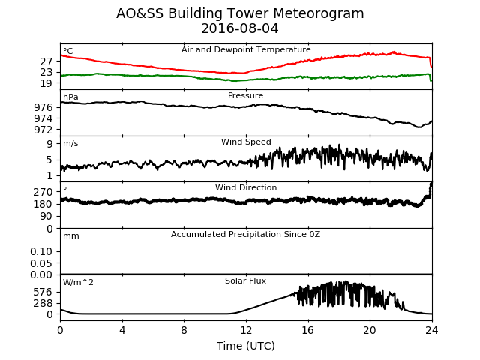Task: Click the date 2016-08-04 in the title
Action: click(x=240, y=28)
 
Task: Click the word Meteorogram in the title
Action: click(x=318, y=13)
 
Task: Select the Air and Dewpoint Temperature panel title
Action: click(x=246, y=50)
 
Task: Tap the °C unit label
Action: click(x=68, y=51)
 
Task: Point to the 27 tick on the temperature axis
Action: click(x=46, y=61)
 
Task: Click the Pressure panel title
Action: click(x=245, y=95)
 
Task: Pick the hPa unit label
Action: click(x=70, y=97)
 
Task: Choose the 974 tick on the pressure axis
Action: click(x=43, y=118)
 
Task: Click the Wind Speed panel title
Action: click(x=246, y=142)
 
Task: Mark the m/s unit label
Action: click(x=70, y=143)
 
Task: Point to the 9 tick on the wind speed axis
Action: click(x=49, y=144)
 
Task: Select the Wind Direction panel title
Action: click(x=246, y=187)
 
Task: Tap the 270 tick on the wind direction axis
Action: click(x=43, y=192)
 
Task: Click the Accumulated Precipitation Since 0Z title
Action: click(x=245, y=234)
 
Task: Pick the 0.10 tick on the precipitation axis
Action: click(x=41, y=252)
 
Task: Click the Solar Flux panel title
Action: click(x=245, y=280)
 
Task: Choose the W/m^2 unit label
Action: click(x=78, y=282)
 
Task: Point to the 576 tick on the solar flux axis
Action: click(x=43, y=292)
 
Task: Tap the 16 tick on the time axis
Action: click(x=308, y=330)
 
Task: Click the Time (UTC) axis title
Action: click(x=246, y=346)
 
